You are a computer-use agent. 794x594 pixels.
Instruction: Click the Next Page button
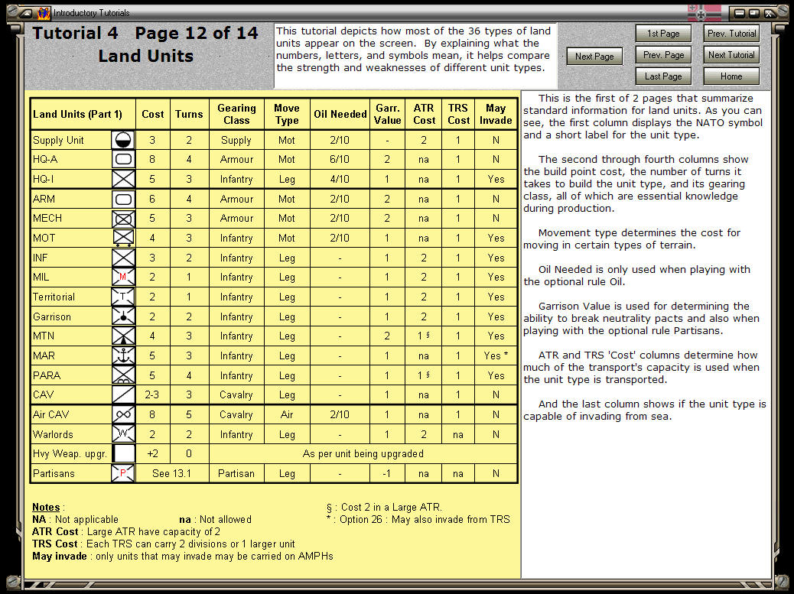(x=594, y=56)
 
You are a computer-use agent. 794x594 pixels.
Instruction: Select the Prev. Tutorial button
(x=731, y=34)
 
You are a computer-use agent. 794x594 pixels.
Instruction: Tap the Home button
(x=731, y=76)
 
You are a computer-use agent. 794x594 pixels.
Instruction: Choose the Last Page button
(x=663, y=76)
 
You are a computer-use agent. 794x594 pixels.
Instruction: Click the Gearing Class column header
(x=236, y=114)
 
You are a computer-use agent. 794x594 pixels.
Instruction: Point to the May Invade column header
(x=496, y=114)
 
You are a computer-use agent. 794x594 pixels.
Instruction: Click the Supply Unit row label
(x=58, y=140)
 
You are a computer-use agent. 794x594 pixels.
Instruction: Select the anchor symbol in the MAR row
(x=123, y=355)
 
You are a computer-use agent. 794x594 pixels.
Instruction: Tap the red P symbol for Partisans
(x=123, y=474)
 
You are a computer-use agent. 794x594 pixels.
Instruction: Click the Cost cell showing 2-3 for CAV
(x=153, y=394)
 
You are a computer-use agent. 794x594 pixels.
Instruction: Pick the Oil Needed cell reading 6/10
(x=340, y=159)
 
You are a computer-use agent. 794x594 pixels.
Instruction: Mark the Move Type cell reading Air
(x=287, y=414)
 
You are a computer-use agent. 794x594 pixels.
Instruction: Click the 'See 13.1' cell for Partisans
(x=171, y=473)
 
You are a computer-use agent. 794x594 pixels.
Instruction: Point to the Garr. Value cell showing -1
(x=388, y=473)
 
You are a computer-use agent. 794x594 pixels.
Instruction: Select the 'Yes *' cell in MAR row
(x=496, y=355)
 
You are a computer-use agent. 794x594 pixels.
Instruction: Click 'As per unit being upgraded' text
(x=363, y=453)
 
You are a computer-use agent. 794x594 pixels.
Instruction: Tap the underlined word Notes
(x=46, y=507)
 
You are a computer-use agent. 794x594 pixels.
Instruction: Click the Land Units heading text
(x=145, y=56)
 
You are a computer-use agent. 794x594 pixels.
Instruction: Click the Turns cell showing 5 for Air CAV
(x=189, y=414)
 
